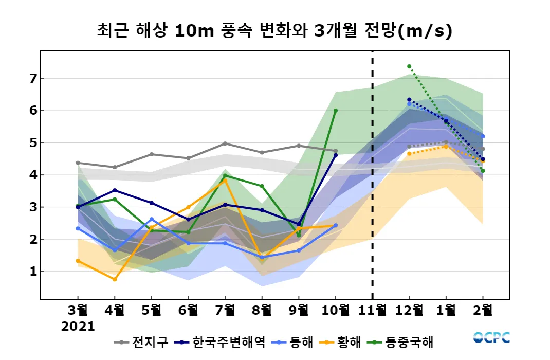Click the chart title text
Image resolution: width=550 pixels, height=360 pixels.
tap(274, 31)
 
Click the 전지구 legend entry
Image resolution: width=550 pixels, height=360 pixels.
tap(141, 342)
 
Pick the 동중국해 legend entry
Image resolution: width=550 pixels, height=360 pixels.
tap(404, 342)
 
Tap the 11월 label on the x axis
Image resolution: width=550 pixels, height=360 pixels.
tap(372, 310)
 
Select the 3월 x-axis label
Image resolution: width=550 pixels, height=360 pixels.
tap(78, 310)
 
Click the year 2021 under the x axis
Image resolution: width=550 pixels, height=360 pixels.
tap(78, 327)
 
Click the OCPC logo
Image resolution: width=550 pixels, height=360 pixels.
tap(491, 338)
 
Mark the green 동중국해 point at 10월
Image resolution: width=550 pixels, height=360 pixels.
tap(336, 110)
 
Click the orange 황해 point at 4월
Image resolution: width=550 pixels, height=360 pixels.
tap(115, 279)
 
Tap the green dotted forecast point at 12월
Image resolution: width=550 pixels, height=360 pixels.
tap(409, 66)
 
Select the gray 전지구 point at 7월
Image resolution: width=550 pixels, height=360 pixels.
tap(225, 143)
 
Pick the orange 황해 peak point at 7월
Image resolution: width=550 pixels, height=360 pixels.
tap(225, 181)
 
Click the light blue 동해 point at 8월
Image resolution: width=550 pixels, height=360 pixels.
tap(262, 257)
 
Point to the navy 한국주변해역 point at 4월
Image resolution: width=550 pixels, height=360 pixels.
tap(115, 190)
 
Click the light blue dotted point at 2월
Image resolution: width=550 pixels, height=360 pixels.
tap(483, 136)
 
